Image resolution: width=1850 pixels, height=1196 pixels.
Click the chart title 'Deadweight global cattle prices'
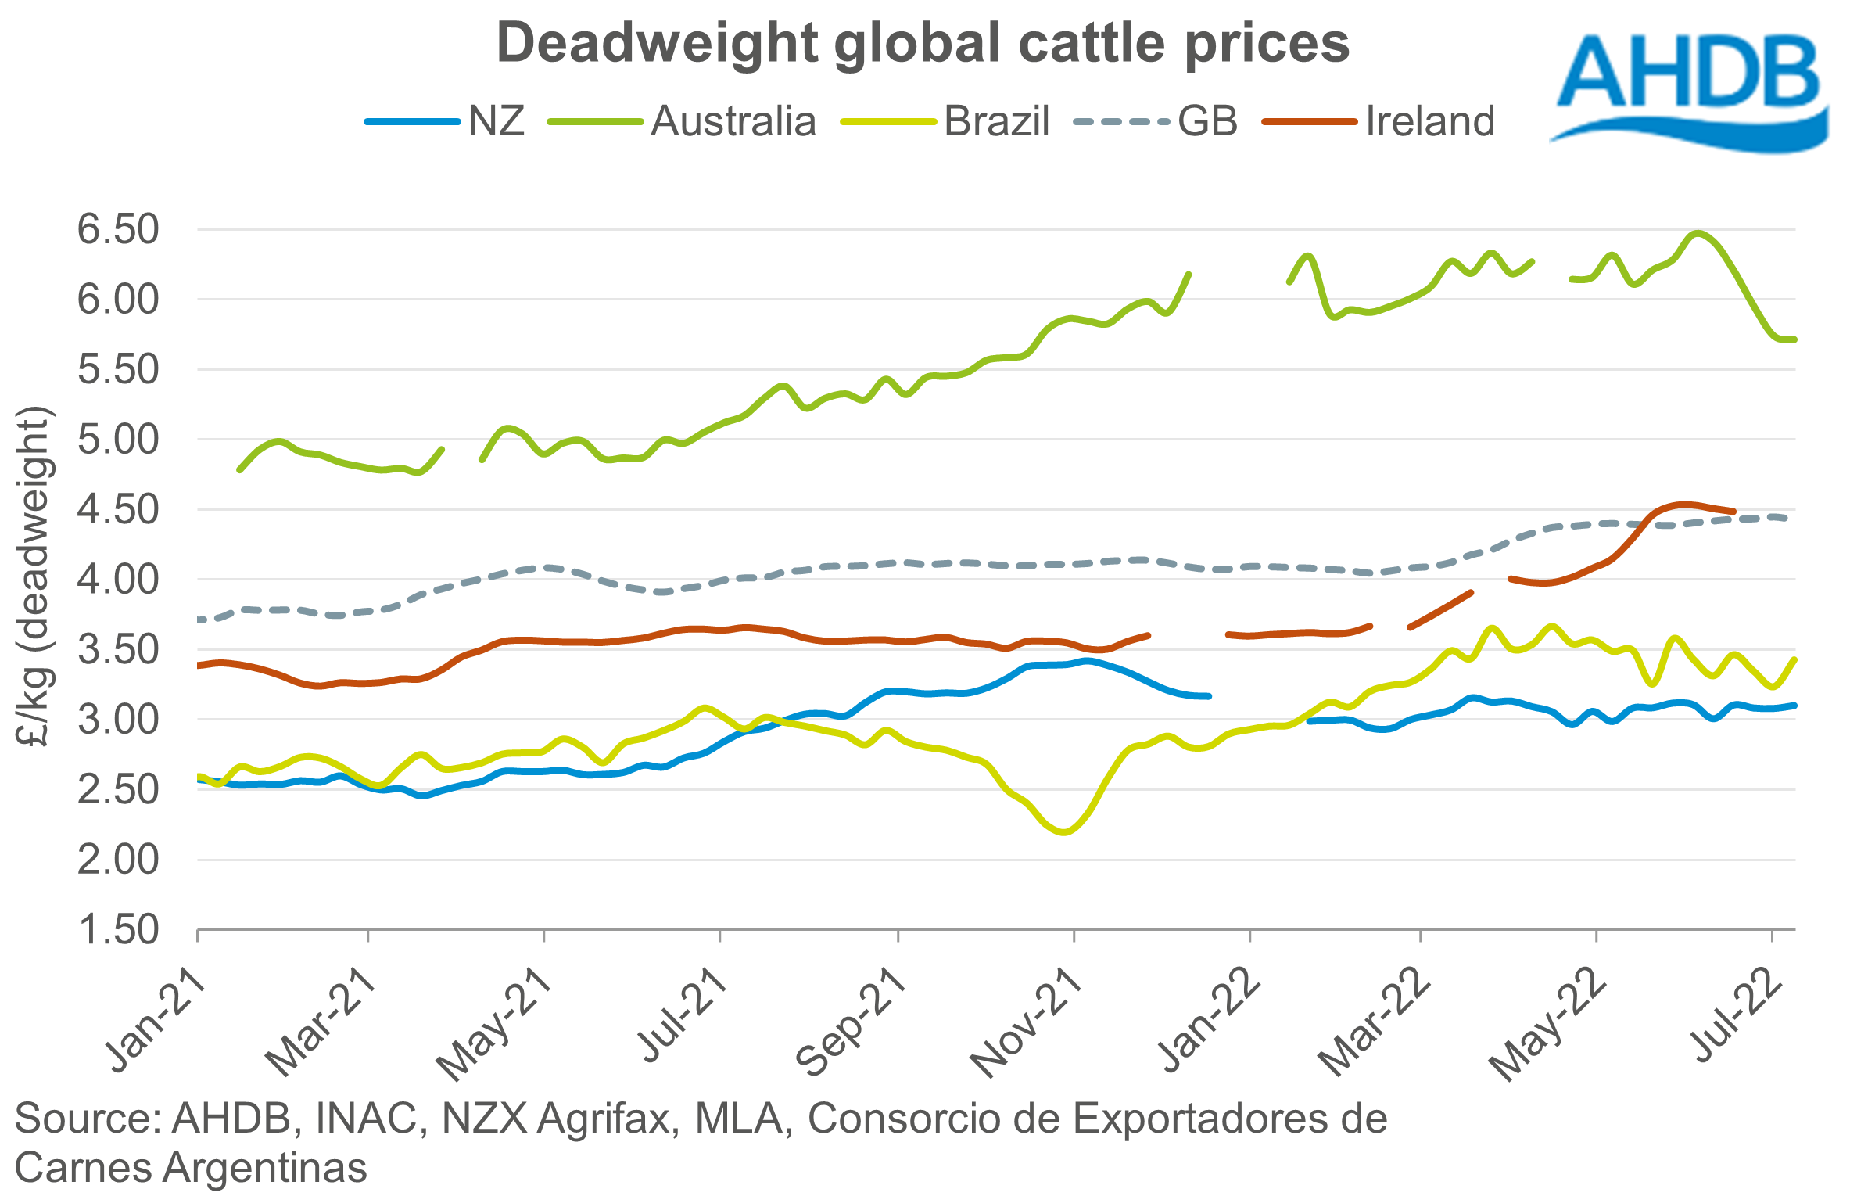923,43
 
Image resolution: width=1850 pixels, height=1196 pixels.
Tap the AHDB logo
1689,90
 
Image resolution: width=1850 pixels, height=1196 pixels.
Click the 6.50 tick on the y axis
118,230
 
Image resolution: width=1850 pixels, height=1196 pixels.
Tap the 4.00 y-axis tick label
118,580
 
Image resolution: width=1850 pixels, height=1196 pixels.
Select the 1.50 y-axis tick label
118,930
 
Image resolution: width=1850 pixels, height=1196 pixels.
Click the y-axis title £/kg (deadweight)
34,577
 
